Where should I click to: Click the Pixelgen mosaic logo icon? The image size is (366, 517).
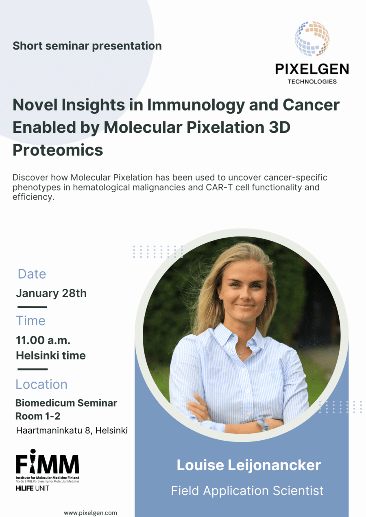coord(312,39)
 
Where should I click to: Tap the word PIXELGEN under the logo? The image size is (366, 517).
coord(312,69)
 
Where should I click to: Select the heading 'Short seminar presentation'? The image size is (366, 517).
coord(87,46)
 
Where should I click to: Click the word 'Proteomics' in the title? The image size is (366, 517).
coord(58,150)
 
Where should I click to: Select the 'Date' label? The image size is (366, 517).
coord(32,274)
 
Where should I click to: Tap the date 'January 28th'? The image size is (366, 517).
coord(51,293)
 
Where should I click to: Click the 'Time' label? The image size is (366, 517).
coord(30,321)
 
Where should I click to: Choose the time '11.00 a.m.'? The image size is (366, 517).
coord(40,340)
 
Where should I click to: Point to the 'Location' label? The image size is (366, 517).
coord(41,384)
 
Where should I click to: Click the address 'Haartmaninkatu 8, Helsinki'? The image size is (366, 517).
coord(72,430)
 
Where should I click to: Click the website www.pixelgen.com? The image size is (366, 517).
coord(90,513)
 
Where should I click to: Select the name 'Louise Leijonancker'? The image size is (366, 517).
coord(248,465)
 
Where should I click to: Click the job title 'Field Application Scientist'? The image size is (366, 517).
coord(247,491)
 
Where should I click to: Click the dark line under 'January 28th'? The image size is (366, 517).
coord(32,307)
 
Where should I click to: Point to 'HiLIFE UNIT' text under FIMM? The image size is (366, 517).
coord(32,488)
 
